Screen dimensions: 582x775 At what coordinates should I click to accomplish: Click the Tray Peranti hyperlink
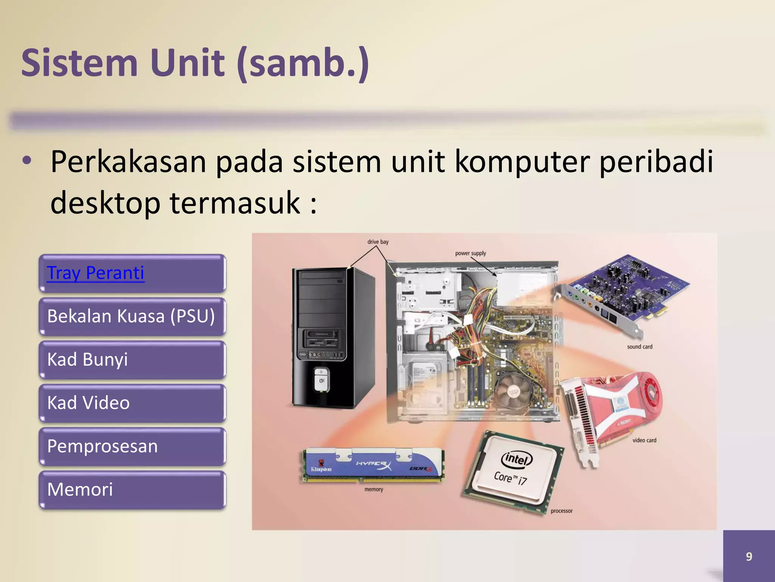tap(95, 273)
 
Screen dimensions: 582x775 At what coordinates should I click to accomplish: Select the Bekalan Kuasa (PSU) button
tap(131, 316)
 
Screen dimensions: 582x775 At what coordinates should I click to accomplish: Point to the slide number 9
tap(749, 556)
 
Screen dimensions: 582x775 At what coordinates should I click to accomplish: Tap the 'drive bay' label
tap(378, 242)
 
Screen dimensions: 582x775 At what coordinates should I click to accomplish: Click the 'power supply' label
tap(470, 253)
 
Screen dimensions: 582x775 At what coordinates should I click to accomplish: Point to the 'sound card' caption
tap(640, 347)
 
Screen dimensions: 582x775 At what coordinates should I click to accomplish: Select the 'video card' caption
tap(644, 440)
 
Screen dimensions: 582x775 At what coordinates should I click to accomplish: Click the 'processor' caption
tap(562, 511)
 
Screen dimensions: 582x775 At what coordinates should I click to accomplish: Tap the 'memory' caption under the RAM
tap(374, 490)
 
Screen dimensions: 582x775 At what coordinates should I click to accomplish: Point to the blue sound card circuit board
tap(628, 288)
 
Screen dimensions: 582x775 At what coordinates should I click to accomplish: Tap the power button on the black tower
tap(321, 380)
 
